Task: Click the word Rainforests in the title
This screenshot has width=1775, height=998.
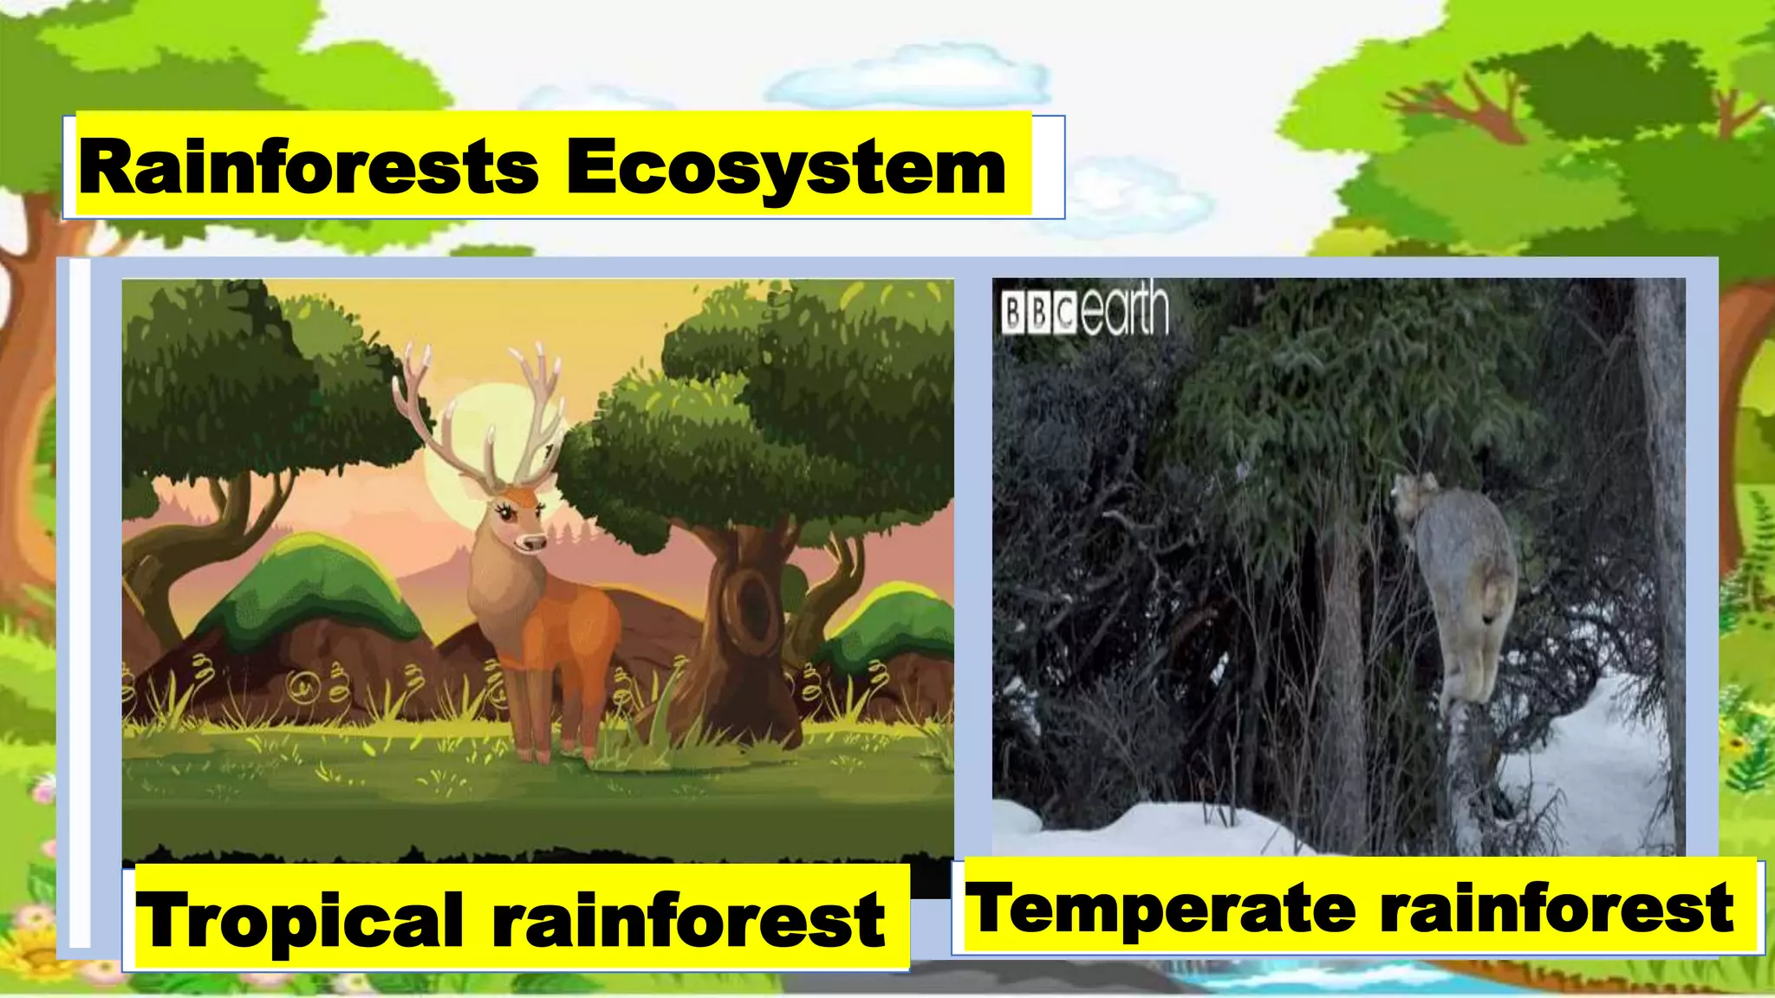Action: coord(309,167)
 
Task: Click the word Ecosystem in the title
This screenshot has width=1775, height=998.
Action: coord(785,167)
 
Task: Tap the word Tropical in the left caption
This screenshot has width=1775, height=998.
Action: coord(299,920)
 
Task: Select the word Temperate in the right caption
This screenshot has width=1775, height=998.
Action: coord(1160,908)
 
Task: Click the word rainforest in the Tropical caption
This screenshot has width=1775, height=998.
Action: coord(688,920)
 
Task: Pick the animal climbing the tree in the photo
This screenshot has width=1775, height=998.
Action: coord(1465,589)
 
